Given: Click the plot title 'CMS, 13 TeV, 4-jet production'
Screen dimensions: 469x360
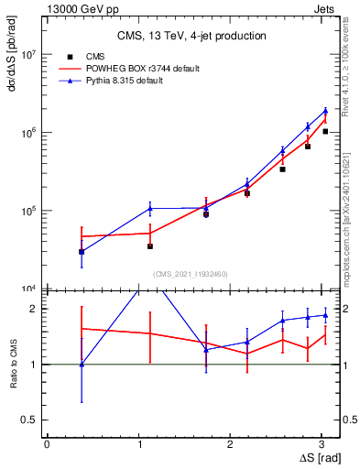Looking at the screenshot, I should click(x=191, y=36).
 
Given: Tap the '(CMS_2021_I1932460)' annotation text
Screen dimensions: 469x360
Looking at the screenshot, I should click(x=191, y=273).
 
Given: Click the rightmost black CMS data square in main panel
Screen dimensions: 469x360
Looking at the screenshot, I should click(x=325, y=132).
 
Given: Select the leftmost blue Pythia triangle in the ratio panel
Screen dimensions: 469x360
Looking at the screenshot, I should click(x=82, y=365).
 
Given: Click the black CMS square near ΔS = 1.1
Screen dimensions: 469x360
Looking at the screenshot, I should click(x=149, y=246).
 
